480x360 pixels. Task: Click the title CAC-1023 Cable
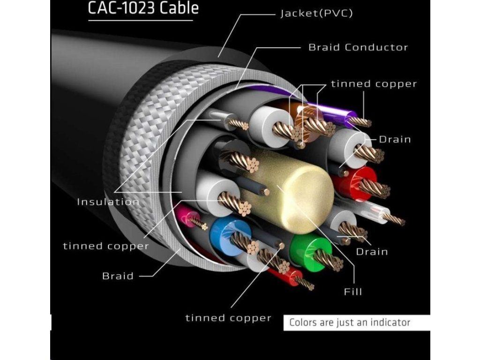click(143, 8)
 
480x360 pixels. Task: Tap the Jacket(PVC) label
click(316, 13)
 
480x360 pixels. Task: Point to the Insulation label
click(108, 202)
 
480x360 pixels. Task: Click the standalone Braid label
click(118, 276)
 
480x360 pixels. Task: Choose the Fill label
click(353, 292)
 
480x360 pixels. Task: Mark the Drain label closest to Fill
click(372, 252)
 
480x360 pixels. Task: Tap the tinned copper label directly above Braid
click(106, 246)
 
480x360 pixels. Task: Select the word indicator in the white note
click(391, 322)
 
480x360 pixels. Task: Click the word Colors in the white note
click(302, 322)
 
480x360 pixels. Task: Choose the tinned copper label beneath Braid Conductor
click(374, 84)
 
